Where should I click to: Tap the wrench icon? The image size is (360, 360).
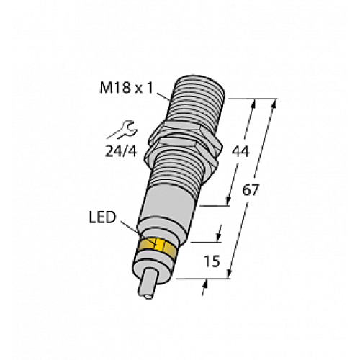(122, 130)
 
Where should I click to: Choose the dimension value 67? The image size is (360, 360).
(253, 191)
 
